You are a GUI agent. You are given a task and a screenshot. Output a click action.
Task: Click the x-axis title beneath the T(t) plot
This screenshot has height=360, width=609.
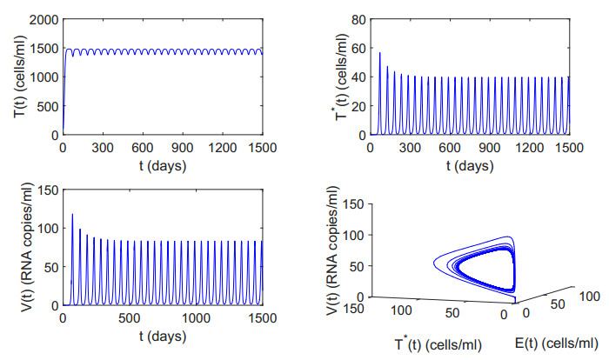[x=163, y=163]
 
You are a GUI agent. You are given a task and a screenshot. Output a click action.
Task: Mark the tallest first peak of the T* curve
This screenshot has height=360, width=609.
[x=379, y=53]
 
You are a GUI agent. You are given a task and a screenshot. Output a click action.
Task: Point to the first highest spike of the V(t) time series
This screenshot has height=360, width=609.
[x=72, y=215]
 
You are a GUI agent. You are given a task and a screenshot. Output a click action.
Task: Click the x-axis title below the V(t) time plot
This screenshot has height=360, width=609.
[x=163, y=335]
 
